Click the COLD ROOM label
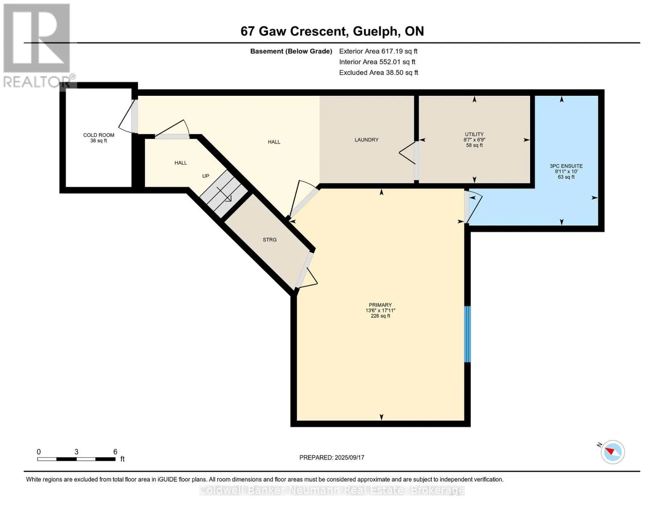(99, 135)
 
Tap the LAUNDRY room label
(366, 140)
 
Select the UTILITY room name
(474, 134)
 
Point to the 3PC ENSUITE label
(566, 166)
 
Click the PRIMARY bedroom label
(380, 305)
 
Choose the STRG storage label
(269, 239)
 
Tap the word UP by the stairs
(206, 176)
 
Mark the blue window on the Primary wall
(467, 334)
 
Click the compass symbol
(612, 452)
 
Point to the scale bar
(77, 459)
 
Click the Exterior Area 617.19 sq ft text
(378, 51)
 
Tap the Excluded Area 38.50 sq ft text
(378, 72)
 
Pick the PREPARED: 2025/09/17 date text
(331, 457)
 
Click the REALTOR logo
(37, 46)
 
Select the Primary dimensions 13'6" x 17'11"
(380, 310)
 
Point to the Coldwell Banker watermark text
(331, 490)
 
